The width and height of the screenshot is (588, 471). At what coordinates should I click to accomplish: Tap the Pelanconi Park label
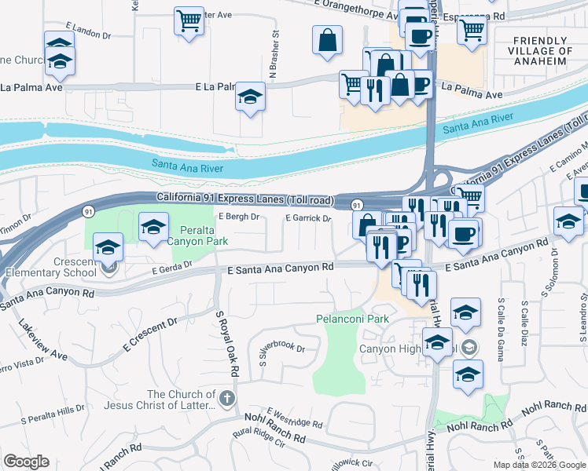(x=353, y=319)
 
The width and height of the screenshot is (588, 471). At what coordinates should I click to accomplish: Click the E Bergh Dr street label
(x=239, y=217)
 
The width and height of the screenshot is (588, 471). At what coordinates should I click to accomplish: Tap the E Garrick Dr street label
(x=308, y=218)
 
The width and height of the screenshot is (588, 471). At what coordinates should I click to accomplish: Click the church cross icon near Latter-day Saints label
(x=227, y=398)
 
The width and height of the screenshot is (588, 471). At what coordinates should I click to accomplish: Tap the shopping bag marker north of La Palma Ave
(x=327, y=39)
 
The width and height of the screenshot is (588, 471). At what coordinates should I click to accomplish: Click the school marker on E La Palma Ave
(x=250, y=97)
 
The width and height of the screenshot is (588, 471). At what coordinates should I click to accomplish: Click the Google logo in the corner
(x=25, y=462)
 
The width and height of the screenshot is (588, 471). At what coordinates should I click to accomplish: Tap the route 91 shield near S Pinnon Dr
(x=88, y=211)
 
